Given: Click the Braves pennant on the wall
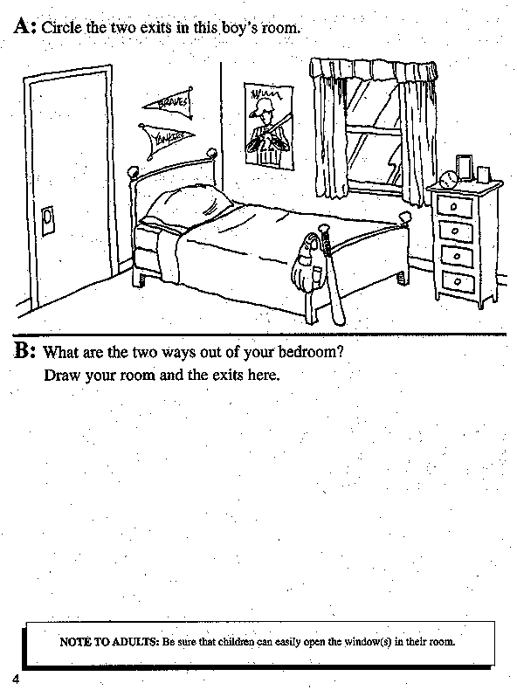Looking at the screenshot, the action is [169, 103].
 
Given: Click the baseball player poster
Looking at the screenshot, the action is [269, 126].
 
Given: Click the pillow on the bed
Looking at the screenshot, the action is [190, 204].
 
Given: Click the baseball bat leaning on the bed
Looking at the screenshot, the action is [334, 275].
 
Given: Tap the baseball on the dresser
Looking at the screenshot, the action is [449, 180].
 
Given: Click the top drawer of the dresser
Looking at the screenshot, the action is [455, 207].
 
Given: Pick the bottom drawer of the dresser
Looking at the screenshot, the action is [458, 281].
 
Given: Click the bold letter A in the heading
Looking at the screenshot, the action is [22, 26].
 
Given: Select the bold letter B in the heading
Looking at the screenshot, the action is [22, 350].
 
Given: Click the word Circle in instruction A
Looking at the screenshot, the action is [62, 27].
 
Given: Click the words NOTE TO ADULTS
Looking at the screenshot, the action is [108, 642].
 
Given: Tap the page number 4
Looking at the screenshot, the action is [17, 680].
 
